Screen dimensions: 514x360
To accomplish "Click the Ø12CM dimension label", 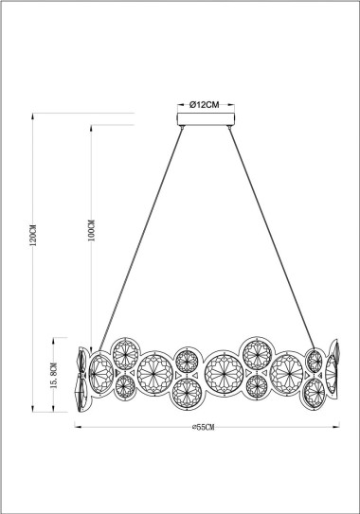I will (x=206, y=104).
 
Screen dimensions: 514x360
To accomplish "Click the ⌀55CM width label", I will (x=204, y=429).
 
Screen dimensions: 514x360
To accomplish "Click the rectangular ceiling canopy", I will (x=206, y=119).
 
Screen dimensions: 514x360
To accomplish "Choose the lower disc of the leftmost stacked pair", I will (x=124, y=385).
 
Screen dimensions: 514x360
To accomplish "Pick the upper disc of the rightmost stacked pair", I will (x=315, y=361).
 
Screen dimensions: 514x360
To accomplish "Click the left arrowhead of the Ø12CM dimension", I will (x=181, y=104).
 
